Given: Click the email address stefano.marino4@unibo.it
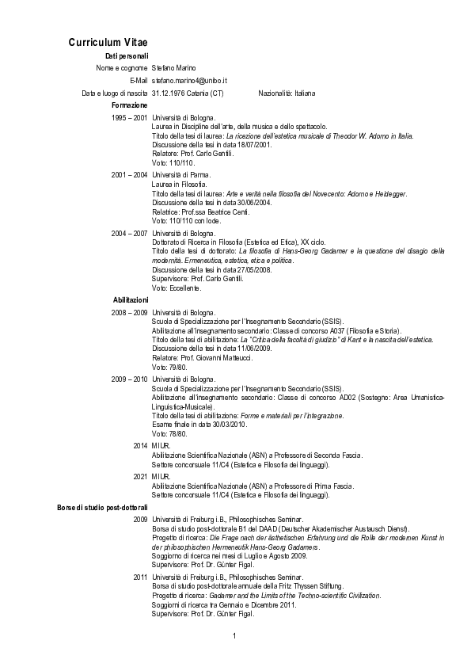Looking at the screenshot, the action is point(190,81).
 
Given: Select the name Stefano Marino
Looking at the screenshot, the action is point(174,68).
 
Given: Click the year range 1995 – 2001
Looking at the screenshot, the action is point(129,118).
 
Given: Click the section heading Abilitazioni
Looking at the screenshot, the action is point(127,300).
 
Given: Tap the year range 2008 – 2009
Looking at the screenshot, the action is point(129,313).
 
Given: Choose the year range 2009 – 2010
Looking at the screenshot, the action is point(129,379).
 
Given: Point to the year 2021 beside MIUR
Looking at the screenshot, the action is point(140,476).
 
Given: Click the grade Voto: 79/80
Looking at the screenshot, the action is point(169,368).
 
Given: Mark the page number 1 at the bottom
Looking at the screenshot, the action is point(235,636).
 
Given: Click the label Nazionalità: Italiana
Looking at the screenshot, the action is point(287,93).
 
